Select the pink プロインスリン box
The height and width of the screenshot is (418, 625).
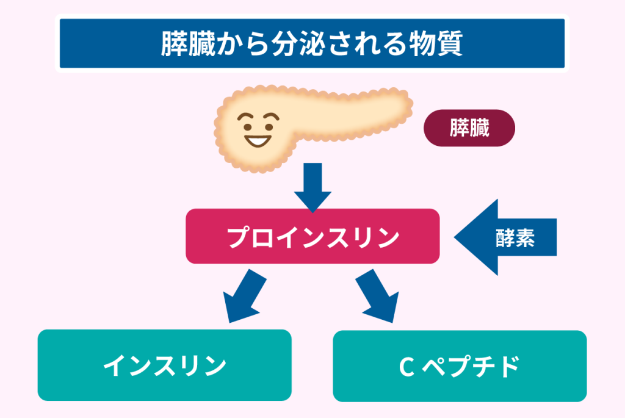[312, 237]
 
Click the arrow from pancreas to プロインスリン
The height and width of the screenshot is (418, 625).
[312, 187]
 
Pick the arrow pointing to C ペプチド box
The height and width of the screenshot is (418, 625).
[379, 296]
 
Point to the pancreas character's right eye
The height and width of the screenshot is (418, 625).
[267, 121]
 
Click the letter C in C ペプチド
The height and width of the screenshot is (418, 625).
[405, 366]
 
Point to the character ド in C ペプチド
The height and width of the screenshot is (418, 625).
[507, 366]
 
